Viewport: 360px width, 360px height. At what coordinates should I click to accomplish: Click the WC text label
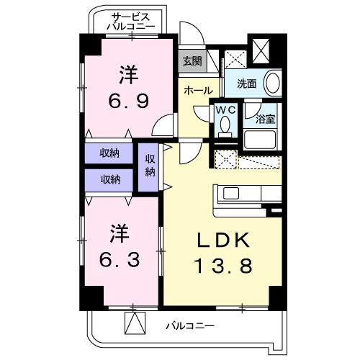pyautogui.click(x=225, y=112)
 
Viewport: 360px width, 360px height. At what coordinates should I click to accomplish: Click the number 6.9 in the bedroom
pyautogui.click(x=130, y=89)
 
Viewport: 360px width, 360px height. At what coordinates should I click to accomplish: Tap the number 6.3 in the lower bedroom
pyautogui.click(x=121, y=246)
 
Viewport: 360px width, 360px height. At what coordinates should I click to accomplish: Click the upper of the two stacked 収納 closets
pyautogui.click(x=110, y=153)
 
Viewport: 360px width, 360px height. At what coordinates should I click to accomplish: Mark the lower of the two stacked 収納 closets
pyautogui.click(x=110, y=179)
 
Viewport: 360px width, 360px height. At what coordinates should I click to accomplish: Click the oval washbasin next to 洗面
pyautogui.click(x=271, y=83)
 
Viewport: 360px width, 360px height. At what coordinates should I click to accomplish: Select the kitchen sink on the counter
pyautogui.click(x=233, y=193)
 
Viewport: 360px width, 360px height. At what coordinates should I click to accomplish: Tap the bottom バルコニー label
pyautogui.click(x=189, y=325)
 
